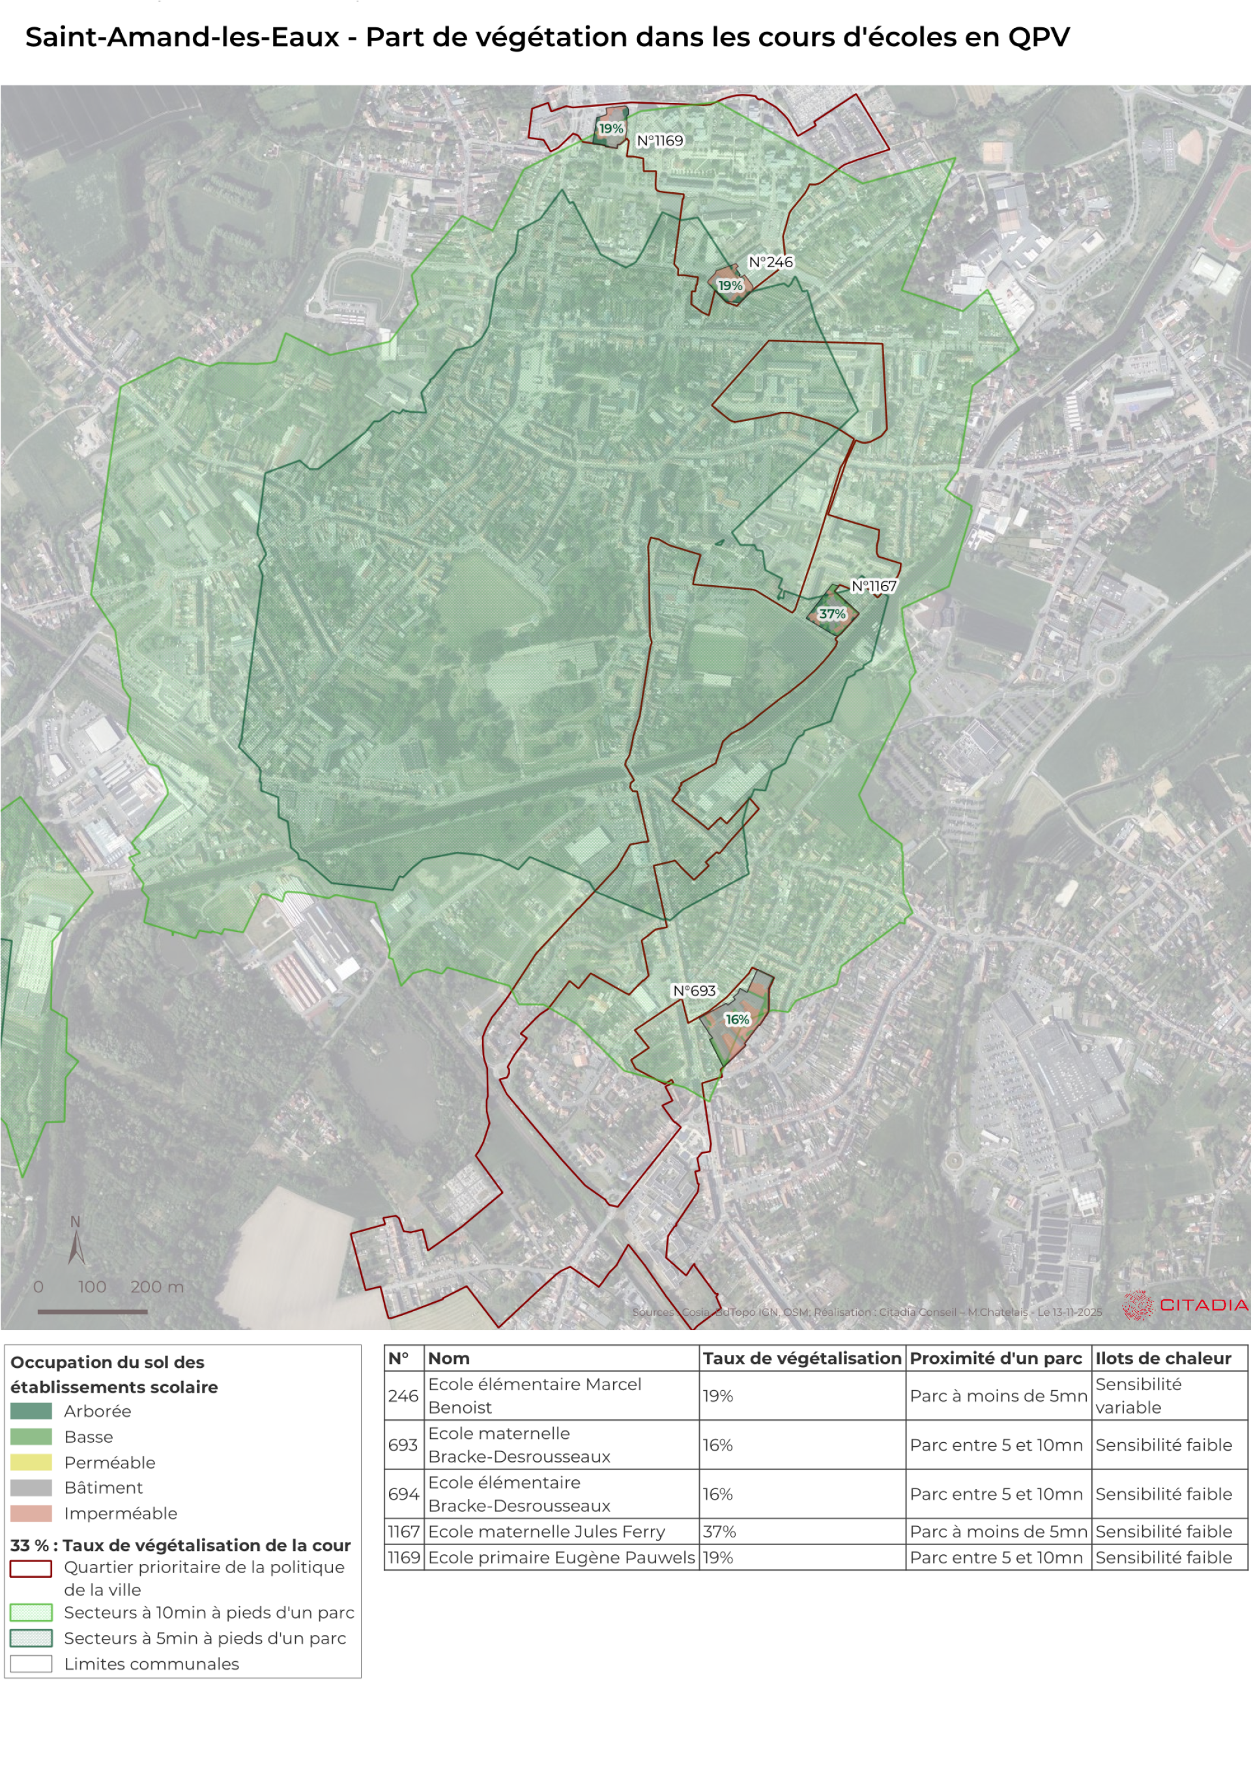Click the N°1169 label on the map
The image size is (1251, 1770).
[x=660, y=140]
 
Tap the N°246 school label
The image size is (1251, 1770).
[x=770, y=262]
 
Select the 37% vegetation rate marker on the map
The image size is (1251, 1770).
[x=831, y=615]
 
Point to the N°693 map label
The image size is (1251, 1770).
[x=694, y=991]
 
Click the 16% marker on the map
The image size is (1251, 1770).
[x=737, y=1019]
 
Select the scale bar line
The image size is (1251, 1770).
[x=93, y=1311]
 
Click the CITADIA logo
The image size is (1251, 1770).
[x=1185, y=1305]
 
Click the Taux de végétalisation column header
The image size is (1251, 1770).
[x=801, y=1358]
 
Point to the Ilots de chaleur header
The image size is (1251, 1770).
[x=1162, y=1358]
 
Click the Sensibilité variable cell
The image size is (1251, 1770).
[x=1138, y=1395]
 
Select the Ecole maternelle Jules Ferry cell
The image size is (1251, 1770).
[x=546, y=1531]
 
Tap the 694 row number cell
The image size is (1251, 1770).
[x=403, y=1494]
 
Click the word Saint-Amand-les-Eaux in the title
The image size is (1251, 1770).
[x=182, y=37]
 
